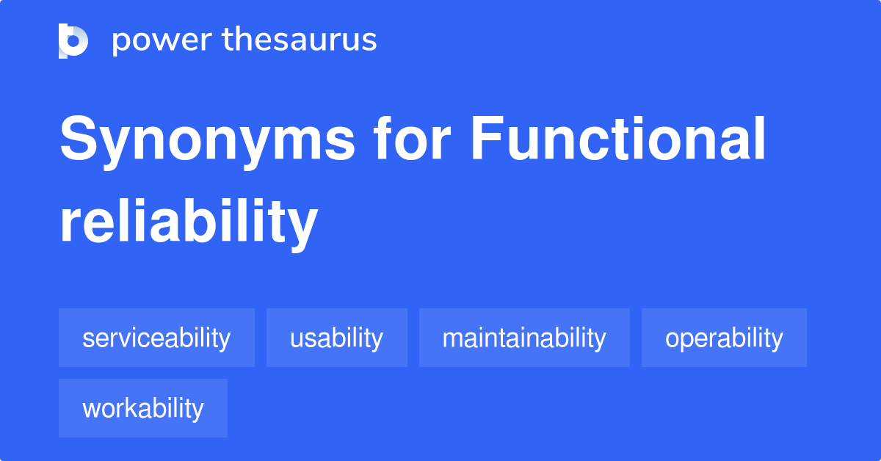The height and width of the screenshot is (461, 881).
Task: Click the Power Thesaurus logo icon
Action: (x=73, y=40)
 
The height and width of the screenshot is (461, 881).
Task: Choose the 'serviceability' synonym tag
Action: (x=156, y=338)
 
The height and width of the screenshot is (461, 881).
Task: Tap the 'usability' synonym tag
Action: (x=336, y=338)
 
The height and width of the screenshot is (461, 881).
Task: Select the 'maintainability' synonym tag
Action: (x=524, y=338)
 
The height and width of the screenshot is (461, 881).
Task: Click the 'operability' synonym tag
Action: (x=724, y=338)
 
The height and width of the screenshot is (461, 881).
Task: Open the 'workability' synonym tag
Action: (x=143, y=408)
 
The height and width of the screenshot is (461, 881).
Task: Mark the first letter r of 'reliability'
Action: (x=68, y=224)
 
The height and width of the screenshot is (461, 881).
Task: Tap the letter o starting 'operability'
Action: (x=672, y=339)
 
